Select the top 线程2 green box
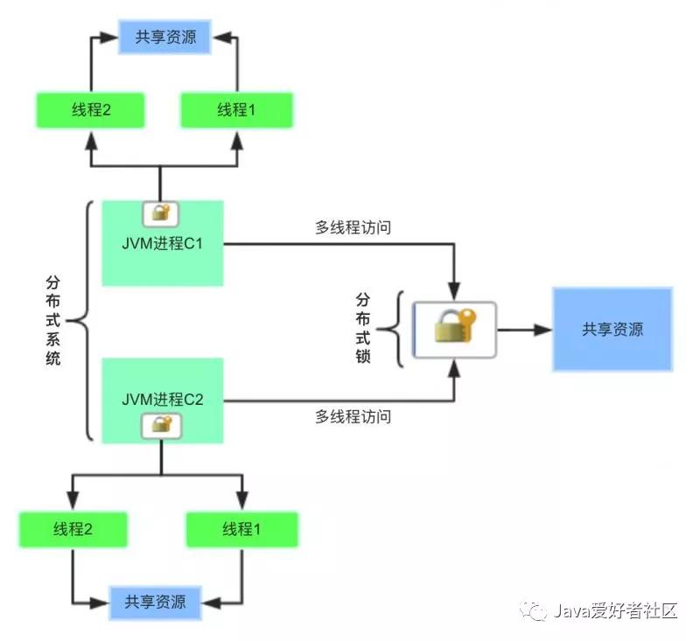[90, 110]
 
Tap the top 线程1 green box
[235, 110]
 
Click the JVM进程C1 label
[163, 243]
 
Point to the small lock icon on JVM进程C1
[160, 213]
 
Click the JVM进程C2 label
[163, 400]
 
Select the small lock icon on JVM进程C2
[161, 425]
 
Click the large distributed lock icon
[454, 329]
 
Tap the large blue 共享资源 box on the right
[612, 329]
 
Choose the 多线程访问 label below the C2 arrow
[353, 417]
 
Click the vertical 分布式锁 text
[363, 329]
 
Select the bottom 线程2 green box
[73, 529]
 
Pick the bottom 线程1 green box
[241, 529]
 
